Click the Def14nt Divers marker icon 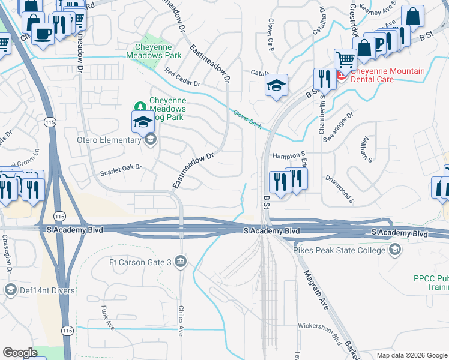(10, 290)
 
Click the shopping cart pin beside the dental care (345, 60)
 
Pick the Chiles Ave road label (180, 320)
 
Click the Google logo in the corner (20, 353)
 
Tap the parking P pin (379, 44)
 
